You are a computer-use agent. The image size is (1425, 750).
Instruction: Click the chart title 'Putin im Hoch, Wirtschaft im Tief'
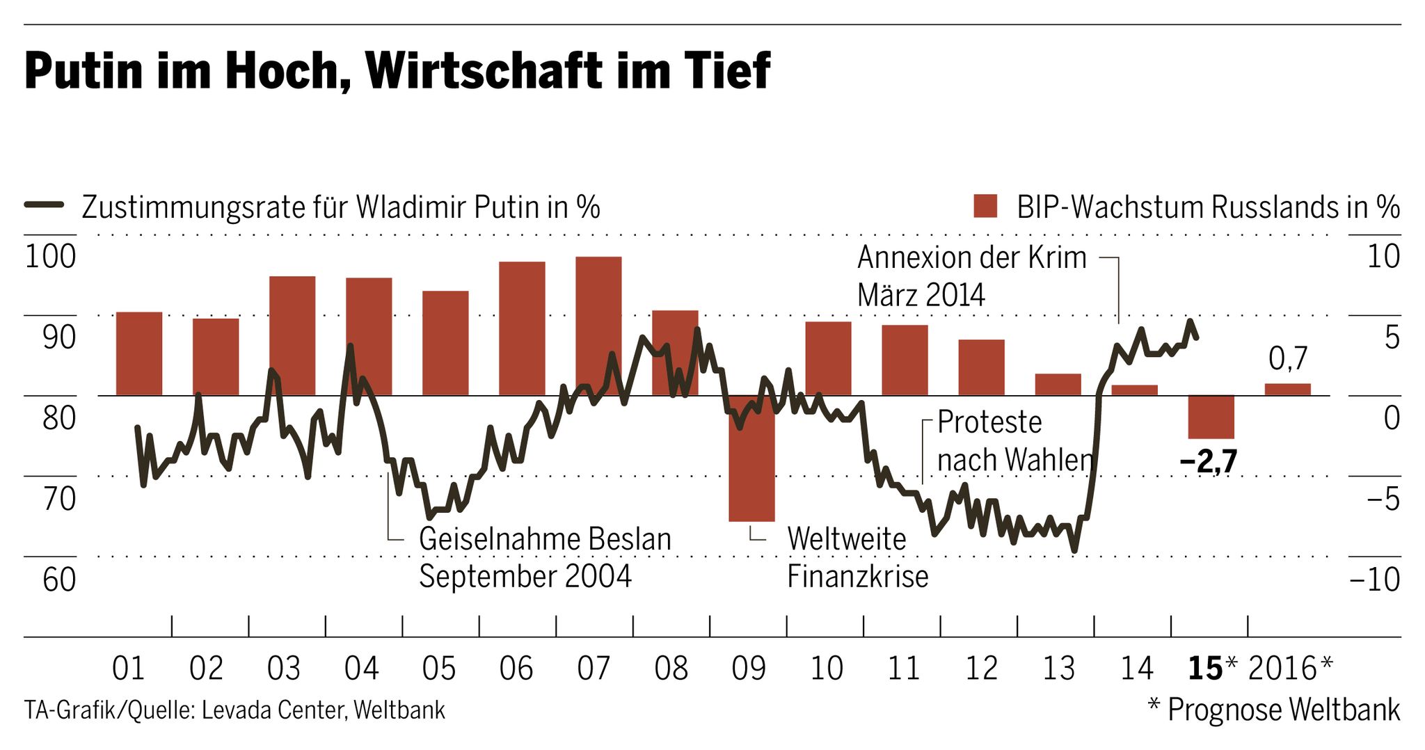(x=397, y=71)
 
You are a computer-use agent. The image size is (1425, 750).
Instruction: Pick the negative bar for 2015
(x=1211, y=417)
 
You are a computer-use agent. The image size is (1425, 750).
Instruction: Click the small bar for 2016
(x=1287, y=390)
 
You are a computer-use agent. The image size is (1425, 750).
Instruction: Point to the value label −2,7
(x=1209, y=461)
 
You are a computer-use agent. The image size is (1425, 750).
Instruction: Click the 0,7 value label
(x=1288, y=359)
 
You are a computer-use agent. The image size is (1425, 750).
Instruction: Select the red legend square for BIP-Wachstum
(x=985, y=207)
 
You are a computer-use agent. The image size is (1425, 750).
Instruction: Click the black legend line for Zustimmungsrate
(x=45, y=205)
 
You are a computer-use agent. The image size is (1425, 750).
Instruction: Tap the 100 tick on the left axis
(x=50, y=257)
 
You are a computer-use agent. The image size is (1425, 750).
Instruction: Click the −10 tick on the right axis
(x=1374, y=580)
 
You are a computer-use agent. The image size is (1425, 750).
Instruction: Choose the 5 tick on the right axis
(x=1392, y=337)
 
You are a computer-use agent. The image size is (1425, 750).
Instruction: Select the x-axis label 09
(x=749, y=669)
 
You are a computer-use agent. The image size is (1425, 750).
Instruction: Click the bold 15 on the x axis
(x=1205, y=669)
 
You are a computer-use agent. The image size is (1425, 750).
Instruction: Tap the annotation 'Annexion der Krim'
(x=971, y=258)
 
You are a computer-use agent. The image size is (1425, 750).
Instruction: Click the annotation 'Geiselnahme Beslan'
(x=545, y=540)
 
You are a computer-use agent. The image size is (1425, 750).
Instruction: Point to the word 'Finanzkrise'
(x=857, y=577)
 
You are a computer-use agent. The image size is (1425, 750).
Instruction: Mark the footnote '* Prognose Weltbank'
(x=1273, y=710)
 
